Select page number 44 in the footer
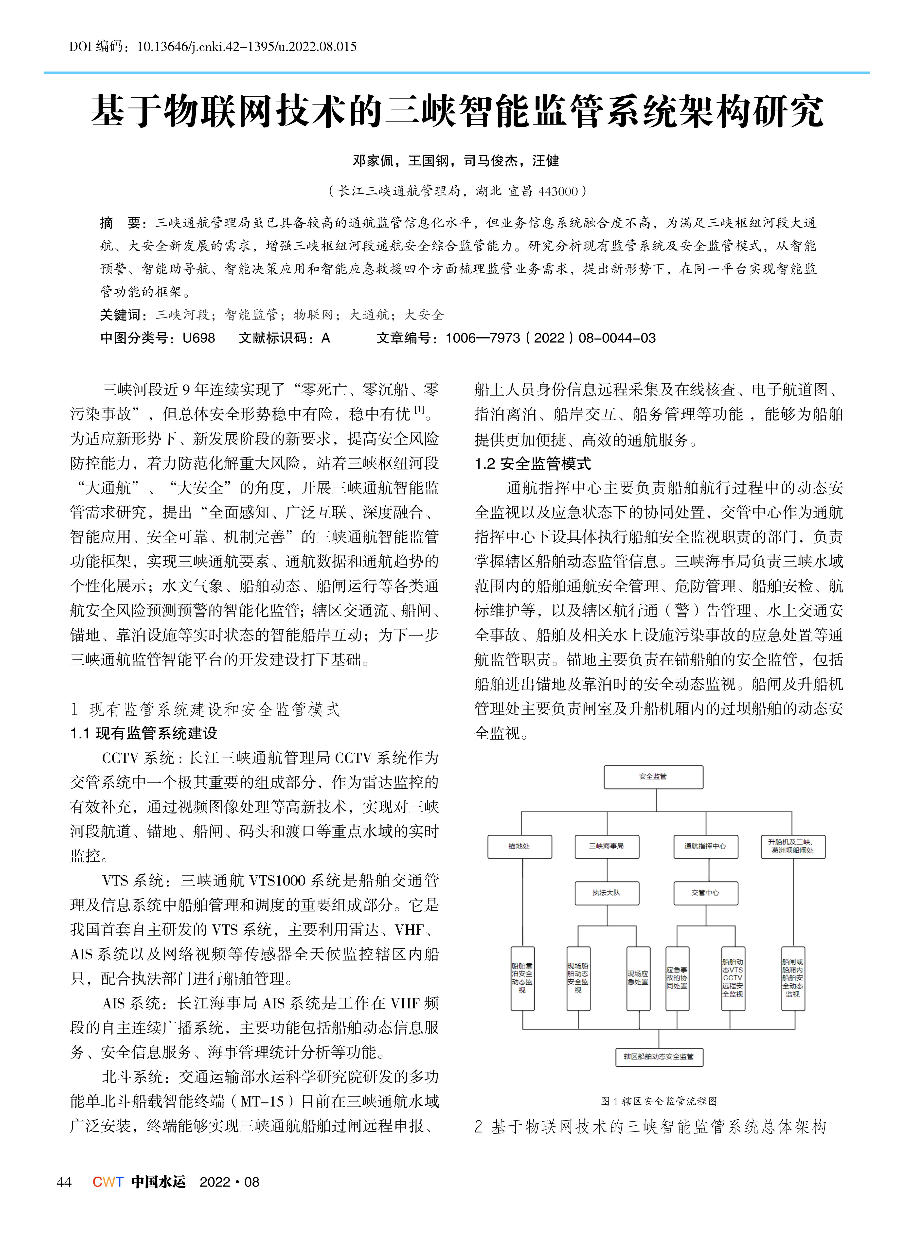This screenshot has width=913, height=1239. (x=64, y=1182)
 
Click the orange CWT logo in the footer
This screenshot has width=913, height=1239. (x=108, y=1182)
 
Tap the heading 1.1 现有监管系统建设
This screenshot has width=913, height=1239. (x=144, y=733)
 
